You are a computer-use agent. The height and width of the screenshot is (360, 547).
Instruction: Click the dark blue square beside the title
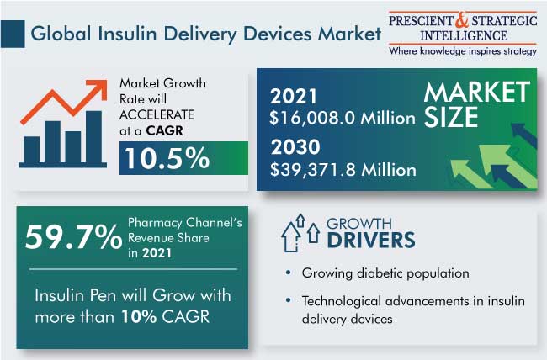(x=13, y=34)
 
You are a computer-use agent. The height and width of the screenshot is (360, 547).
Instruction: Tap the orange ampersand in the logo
(x=462, y=21)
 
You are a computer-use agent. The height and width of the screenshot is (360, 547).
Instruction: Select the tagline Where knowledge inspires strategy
(x=463, y=51)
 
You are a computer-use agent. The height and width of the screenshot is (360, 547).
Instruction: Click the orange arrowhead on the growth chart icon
(x=98, y=88)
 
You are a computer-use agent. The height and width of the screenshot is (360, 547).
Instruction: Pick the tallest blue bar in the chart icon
(x=94, y=137)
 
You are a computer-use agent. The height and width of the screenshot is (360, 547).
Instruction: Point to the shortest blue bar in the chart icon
(x=32, y=150)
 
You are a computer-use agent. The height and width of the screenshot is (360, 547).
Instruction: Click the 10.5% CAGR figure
(x=167, y=158)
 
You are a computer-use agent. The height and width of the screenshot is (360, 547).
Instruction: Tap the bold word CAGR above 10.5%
(x=165, y=131)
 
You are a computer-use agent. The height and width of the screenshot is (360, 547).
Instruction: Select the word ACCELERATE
(x=157, y=114)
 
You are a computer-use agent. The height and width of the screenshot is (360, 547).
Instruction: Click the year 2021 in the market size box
(x=294, y=96)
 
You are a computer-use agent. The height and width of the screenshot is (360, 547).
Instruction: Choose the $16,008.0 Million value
(x=343, y=118)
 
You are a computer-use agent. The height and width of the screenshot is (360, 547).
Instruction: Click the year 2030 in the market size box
(x=295, y=147)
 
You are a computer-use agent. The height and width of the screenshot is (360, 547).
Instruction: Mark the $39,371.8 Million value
(x=343, y=170)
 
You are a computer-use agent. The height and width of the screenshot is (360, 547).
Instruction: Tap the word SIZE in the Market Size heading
(x=451, y=117)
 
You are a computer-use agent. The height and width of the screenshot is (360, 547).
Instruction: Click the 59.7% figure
(x=73, y=237)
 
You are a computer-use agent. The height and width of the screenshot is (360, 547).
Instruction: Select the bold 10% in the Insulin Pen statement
(x=139, y=317)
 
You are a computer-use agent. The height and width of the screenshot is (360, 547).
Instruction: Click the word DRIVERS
(x=371, y=240)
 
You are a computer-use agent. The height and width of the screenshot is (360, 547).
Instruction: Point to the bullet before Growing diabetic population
(x=288, y=273)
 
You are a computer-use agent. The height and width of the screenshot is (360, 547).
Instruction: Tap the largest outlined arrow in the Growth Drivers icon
(x=290, y=237)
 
